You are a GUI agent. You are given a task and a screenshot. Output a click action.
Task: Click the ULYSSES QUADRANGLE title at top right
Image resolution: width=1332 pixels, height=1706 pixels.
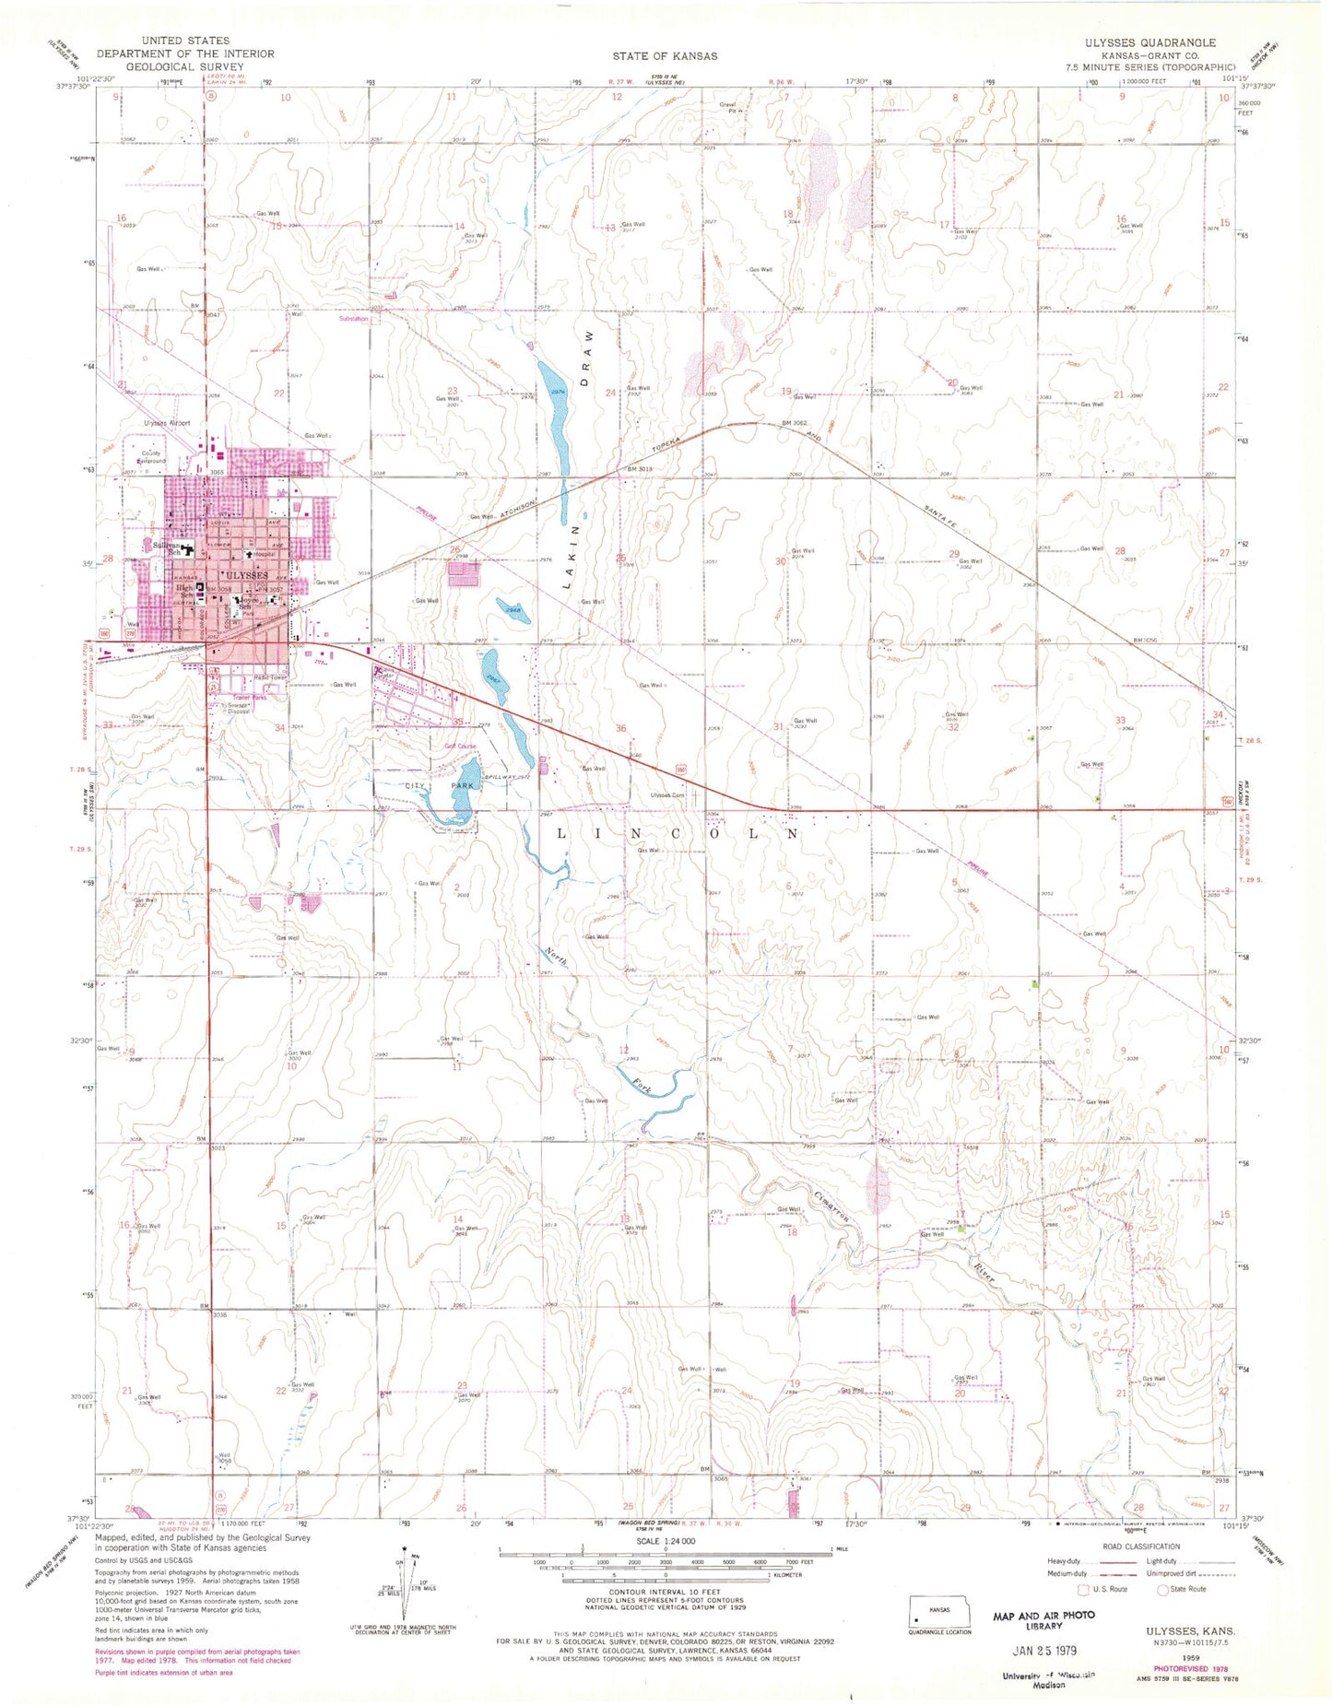[1164, 42]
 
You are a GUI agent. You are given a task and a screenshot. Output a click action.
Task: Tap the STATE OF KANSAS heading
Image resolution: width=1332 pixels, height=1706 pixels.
[665, 56]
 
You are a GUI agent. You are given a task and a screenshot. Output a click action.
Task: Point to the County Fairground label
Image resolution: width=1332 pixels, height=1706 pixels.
[150, 457]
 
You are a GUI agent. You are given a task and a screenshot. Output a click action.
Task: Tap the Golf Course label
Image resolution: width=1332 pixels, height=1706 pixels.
[460, 746]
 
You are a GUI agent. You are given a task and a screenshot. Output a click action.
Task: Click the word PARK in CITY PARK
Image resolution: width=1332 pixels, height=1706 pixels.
[462, 785]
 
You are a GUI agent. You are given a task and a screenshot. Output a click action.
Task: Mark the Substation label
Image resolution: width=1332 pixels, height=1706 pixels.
[353, 319]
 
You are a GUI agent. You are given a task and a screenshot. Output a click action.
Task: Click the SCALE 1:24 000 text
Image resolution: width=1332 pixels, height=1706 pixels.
[665, 1541]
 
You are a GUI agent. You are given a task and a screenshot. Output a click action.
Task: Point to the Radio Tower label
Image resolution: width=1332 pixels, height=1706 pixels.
[270, 677]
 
